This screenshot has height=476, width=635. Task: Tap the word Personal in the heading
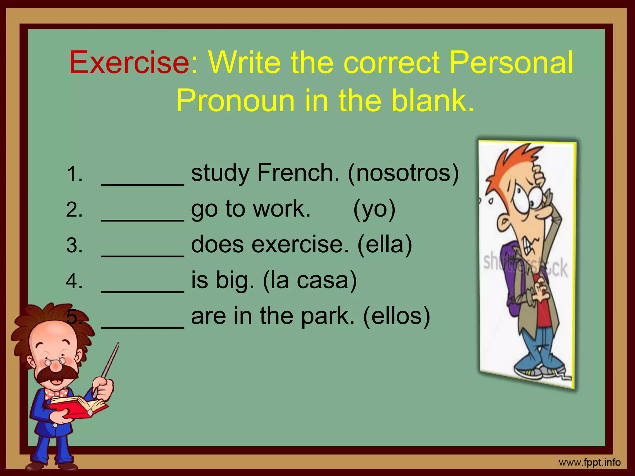point(511,63)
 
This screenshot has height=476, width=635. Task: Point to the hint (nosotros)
point(403,173)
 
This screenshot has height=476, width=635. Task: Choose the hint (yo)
point(374,209)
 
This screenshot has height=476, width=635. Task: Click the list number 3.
point(74,245)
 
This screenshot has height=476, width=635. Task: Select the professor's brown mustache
point(56,375)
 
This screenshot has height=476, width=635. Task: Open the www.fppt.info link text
point(589,463)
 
